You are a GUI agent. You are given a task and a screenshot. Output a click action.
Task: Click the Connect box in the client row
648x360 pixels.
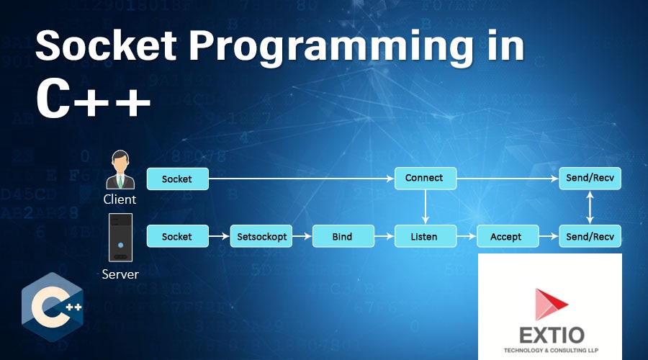coord(425,179)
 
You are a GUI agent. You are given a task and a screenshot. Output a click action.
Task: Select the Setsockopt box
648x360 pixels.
coord(261,236)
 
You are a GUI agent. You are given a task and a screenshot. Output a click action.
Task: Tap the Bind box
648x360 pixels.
coord(343,236)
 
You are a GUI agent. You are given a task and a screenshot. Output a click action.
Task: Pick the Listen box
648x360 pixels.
coord(425,236)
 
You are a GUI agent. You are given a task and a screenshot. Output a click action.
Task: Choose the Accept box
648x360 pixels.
coord(508,236)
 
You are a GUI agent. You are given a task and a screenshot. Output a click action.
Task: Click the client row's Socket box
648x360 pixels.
coord(177,179)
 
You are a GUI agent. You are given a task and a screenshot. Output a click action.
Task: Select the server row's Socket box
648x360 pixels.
coord(177,236)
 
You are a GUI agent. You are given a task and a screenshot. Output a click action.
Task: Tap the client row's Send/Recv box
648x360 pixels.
coord(590,179)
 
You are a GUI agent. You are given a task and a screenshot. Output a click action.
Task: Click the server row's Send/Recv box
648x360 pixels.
coord(590,236)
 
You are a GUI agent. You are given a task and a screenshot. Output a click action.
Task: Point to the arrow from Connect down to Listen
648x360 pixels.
coord(425,207)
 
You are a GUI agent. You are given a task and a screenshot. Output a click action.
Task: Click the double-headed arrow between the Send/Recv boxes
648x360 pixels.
coord(590,207)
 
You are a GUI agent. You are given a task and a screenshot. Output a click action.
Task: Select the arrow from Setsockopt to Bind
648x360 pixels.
coord(302,236)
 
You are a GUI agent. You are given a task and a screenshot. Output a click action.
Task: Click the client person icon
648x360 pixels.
coord(120,170)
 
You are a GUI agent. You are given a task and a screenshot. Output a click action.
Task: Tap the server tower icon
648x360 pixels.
coord(120,238)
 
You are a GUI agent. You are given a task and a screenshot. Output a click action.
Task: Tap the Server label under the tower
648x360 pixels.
coord(120,274)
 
